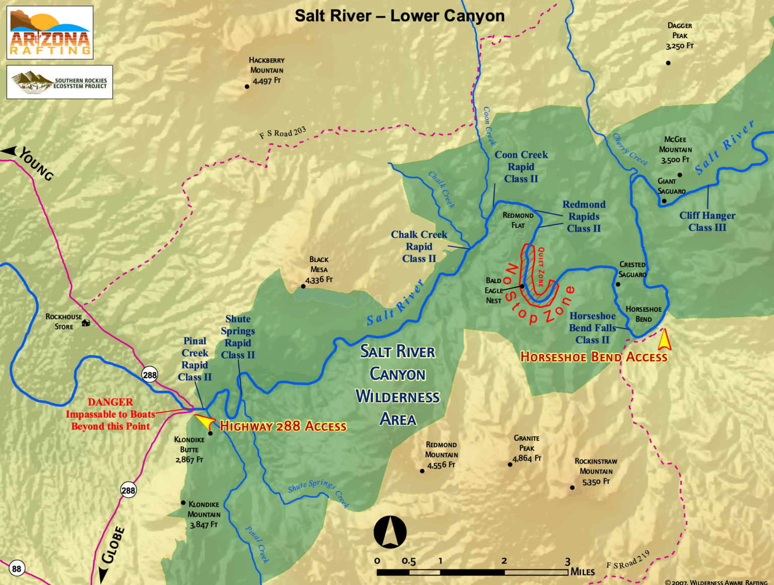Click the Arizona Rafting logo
(x=50, y=33)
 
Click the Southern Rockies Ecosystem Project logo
(x=59, y=82)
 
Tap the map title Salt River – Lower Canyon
(x=400, y=16)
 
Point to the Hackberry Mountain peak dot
(x=247, y=87)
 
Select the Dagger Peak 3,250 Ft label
(x=679, y=36)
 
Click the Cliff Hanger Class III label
(x=707, y=221)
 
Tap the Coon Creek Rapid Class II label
(x=521, y=167)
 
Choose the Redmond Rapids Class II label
(x=584, y=216)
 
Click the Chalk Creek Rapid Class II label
(x=419, y=246)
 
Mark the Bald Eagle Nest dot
(x=523, y=286)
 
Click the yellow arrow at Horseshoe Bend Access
(x=665, y=340)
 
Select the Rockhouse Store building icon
(x=86, y=322)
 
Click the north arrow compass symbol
(x=390, y=532)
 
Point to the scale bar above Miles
(x=472, y=572)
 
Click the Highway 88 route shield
(x=17, y=569)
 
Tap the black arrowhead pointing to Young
(x=9, y=151)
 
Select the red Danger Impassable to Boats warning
(x=110, y=414)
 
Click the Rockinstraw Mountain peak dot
(x=572, y=487)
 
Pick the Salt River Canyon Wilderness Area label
(x=398, y=385)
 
